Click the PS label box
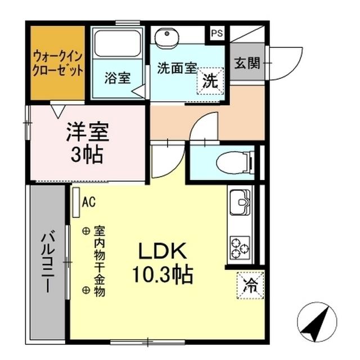pyautogui.click(x=217, y=33)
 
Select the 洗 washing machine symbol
pyautogui.click(x=210, y=80)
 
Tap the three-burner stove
pyautogui.click(x=240, y=246)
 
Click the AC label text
pyautogui.click(x=88, y=200)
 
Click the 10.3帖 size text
pyautogui.click(x=163, y=274)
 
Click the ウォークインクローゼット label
pyautogui.click(x=58, y=63)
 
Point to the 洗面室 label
pyautogui.click(x=177, y=67)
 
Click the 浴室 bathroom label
pyautogui.click(x=117, y=78)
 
